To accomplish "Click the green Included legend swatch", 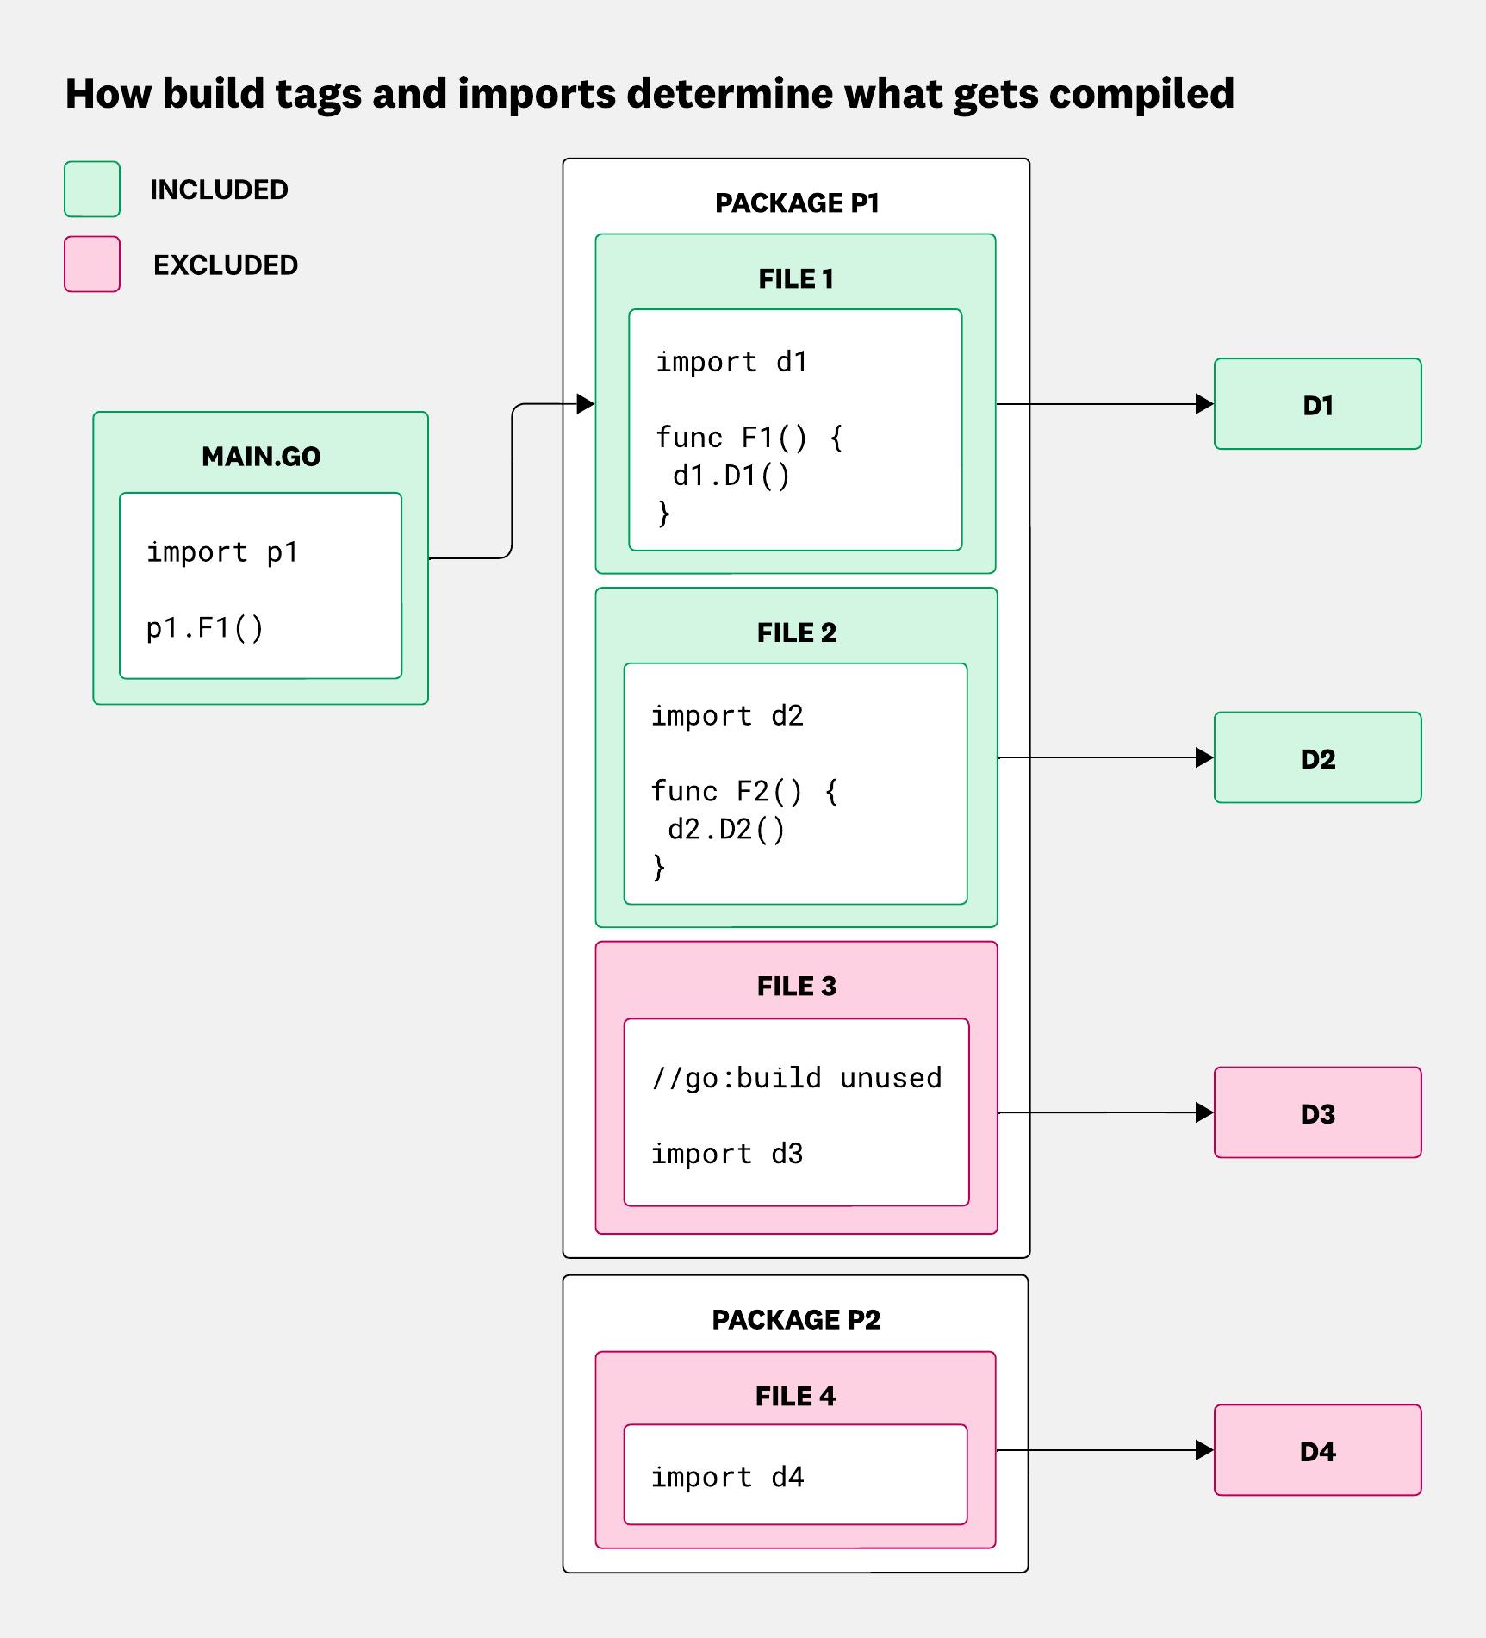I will pyautogui.click(x=92, y=189).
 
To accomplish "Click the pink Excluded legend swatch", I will pyautogui.click(x=92, y=264).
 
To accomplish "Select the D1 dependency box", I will pyautogui.click(x=1317, y=404).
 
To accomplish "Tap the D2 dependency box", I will pyautogui.click(x=1317, y=757).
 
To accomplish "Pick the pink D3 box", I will pyautogui.click(x=1317, y=1112).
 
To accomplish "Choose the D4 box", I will pyautogui.click(x=1317, y=1450).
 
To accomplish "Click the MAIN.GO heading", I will pyautogui.click(x=261, y=456).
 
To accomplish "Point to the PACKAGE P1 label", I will pyautogui.click(x=797, y=202).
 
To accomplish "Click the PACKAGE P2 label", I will pyautogui.click(x=796, y=1319).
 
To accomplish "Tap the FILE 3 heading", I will pyautogui.click(x=797, y=986).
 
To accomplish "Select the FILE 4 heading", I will pyautogui.click(x=796, y=1396).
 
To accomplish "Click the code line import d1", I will pyautogui.click(x=731, y=362).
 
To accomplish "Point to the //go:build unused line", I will pyautogui.click(x=797, y=1078).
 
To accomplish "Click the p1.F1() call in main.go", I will pyautogui.click(x=205, y=628).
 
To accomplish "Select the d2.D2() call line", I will pyautogui.click(x=726, y=829).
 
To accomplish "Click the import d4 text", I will pyautogui.click(x=727, y=1477).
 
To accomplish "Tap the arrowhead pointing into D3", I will pyautogui.click(x=1204, y=1112).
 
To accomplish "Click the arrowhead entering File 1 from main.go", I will pyautogui.click(x=586, y=403).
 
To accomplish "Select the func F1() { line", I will pyautogui.click(x=749, y=438).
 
